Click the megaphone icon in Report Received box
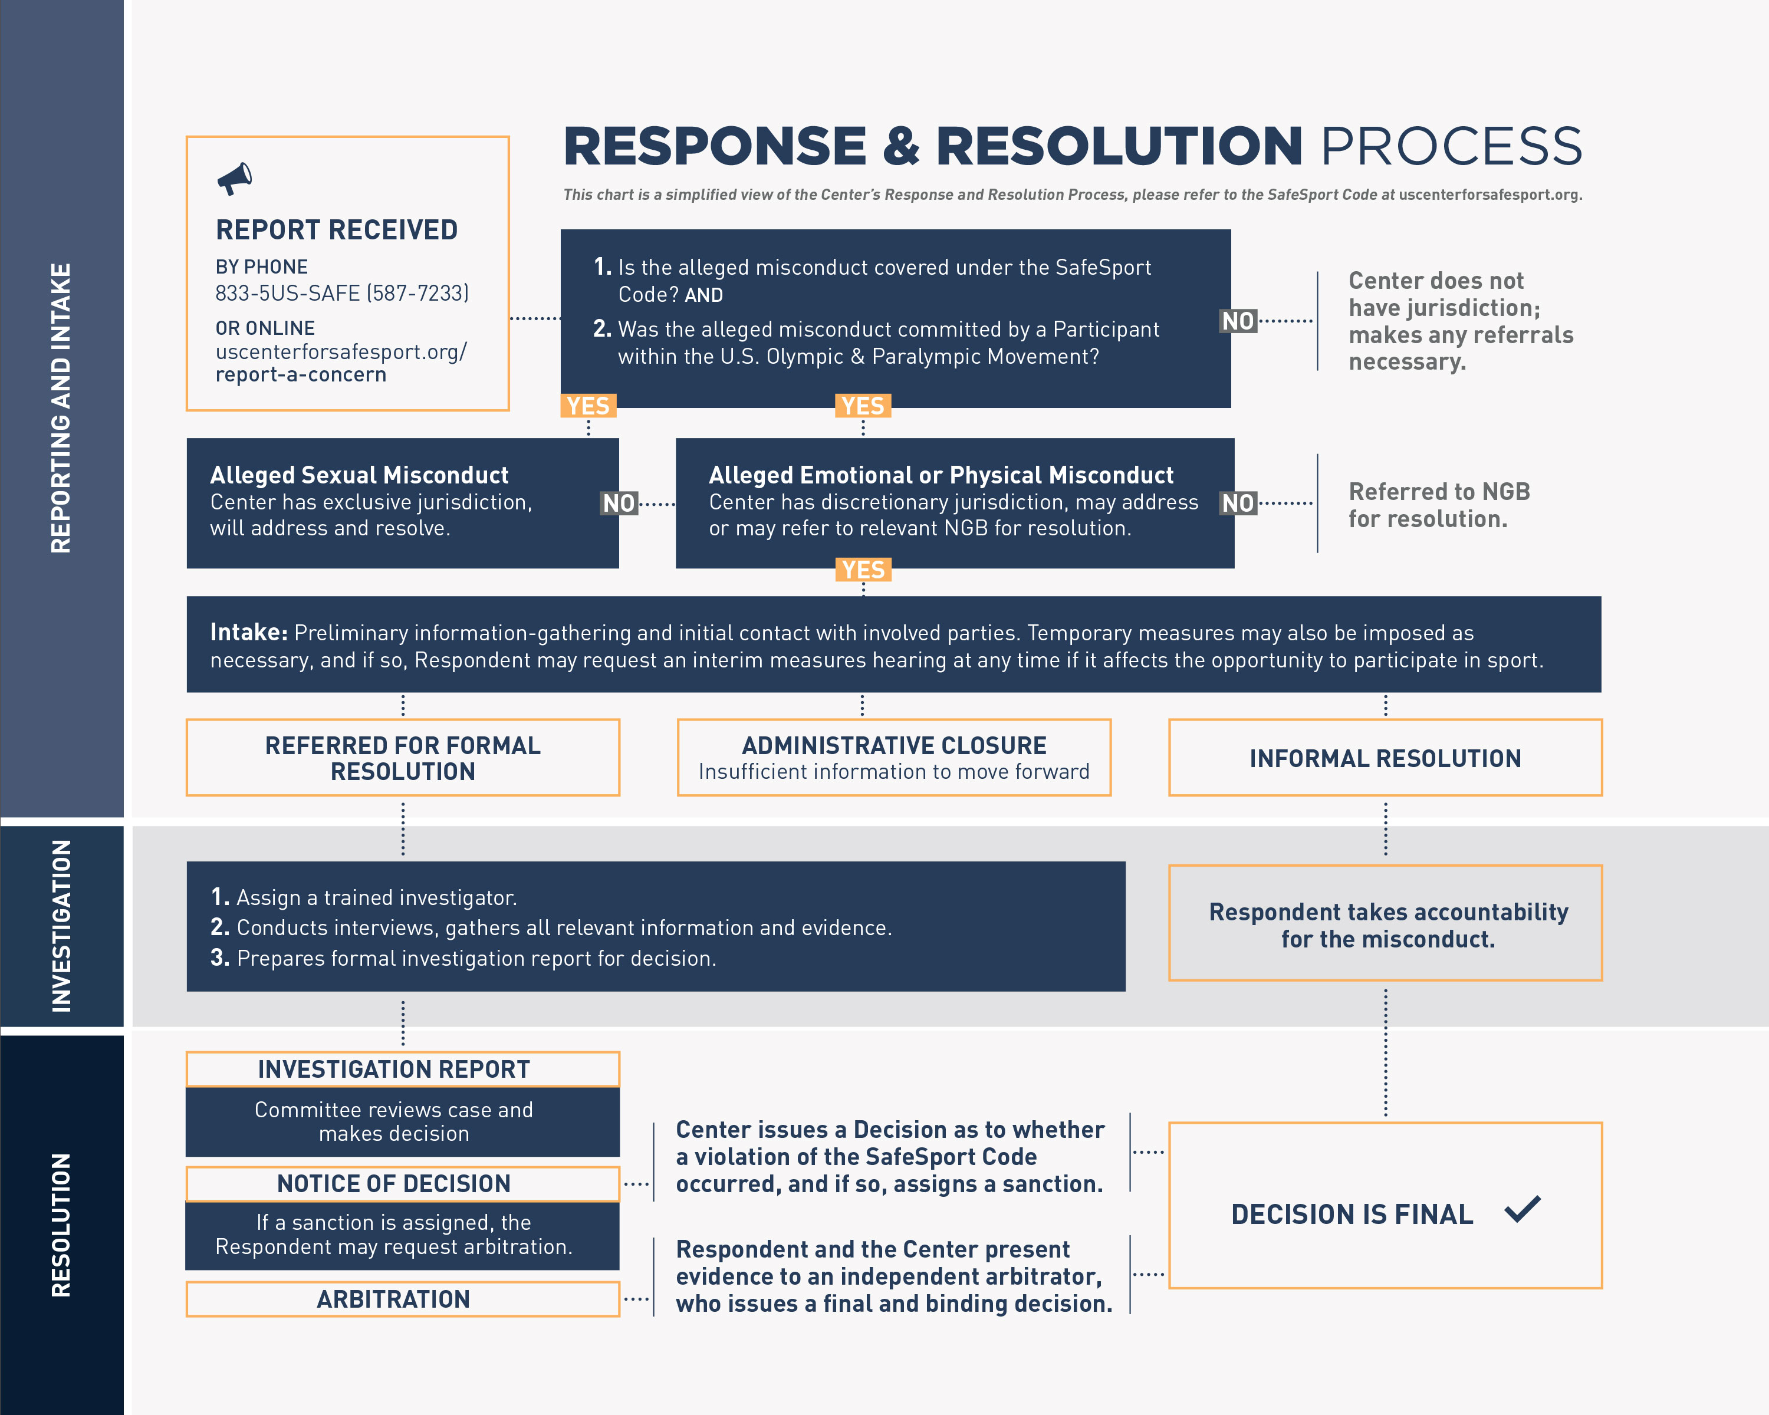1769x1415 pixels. (235, 178)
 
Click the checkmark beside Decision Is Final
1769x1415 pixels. (1523, 1209)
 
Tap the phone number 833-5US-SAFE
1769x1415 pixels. (341, 293)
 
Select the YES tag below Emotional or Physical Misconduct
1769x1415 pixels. (863, 570)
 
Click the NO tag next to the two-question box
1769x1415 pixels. (1238, 321)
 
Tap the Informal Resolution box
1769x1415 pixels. (1385, 758)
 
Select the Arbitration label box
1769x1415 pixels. (394, 1299)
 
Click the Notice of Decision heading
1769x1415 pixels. (394, 1184)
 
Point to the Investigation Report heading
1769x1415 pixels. (394, 1069)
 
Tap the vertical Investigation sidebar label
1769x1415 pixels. (61, 925)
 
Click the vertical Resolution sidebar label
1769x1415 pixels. (61, 1225)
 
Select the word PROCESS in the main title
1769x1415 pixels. (1451, 146)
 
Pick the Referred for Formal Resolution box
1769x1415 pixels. (403, 758)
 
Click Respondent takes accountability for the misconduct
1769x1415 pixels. (1387, 924)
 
